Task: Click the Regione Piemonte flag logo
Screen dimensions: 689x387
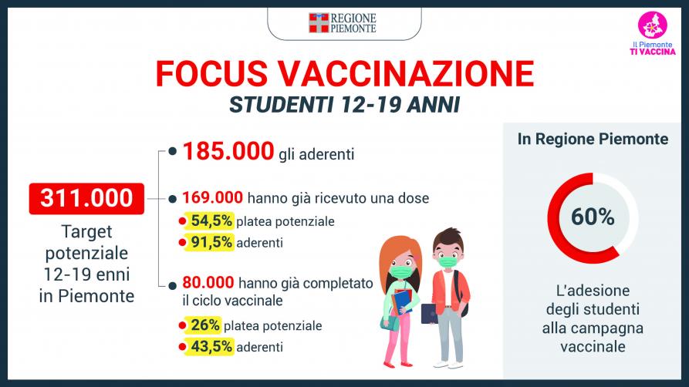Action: pos(319,23)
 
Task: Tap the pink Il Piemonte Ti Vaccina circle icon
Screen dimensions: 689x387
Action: pos(653,25)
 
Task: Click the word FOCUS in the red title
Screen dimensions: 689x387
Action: pos(211,73)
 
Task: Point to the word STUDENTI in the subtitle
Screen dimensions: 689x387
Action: pos(280,105)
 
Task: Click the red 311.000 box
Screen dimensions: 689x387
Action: pos(86,199)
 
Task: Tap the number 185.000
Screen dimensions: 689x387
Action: pos(228,151)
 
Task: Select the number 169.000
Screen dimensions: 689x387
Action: pos(213,197)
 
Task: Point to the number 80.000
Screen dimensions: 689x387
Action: pos(208,282)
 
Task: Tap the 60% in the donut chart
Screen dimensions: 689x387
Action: pos(593,217)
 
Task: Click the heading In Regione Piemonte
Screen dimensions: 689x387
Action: pos(593,140)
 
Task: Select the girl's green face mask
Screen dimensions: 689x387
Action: pos(400,271)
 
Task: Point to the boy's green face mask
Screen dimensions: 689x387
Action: pos(448,262)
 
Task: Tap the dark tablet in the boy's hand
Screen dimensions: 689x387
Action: pos(429,314)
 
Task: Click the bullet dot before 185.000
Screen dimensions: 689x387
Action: pos(173,152)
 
